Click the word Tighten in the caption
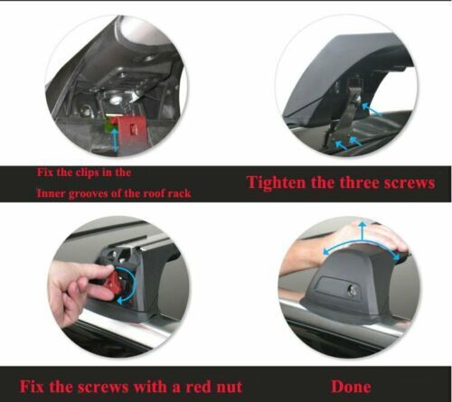point(276,182)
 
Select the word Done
point(351,387)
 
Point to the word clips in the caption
point(84,173)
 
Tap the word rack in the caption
point(179,193)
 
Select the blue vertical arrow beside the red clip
point(115,140)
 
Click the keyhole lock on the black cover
point(352,291)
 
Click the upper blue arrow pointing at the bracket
point(370,109)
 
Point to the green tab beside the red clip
point(108,126)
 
